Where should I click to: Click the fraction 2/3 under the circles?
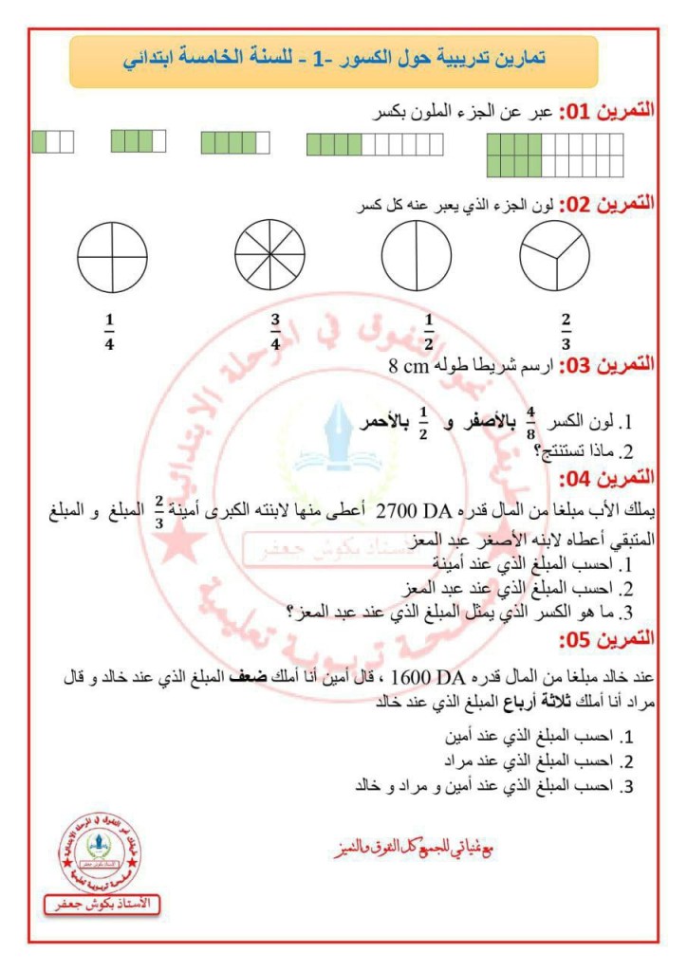click(566, 331)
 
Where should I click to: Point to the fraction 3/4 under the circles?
click(275, 331)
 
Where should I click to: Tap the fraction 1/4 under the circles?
click(109, 331)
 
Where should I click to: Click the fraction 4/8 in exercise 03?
click(531, 418)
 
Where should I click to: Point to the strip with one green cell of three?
click(52, 141)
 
